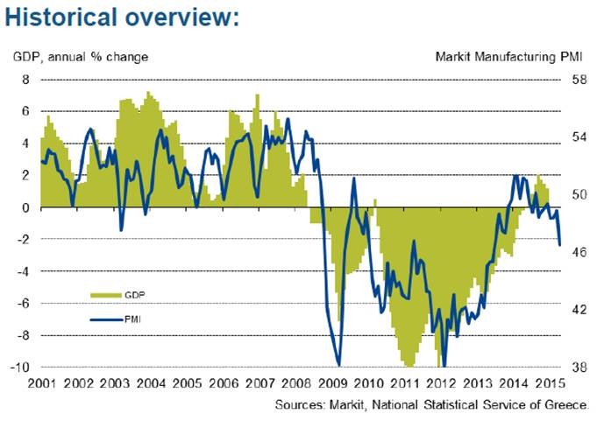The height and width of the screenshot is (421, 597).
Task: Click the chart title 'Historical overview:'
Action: (122, 18)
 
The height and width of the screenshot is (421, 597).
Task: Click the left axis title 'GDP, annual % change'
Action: (81, 58)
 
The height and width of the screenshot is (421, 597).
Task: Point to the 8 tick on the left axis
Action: (25, 80)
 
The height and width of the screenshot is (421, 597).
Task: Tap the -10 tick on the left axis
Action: (21, 367)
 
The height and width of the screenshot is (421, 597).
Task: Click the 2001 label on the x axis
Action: (43, 384)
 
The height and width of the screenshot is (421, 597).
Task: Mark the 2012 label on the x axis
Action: (441, 384)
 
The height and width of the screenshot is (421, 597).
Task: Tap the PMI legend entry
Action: (134, 319)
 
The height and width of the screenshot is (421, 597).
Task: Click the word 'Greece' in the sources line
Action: (566, 404)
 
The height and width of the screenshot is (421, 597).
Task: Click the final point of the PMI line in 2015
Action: (559, 245)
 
